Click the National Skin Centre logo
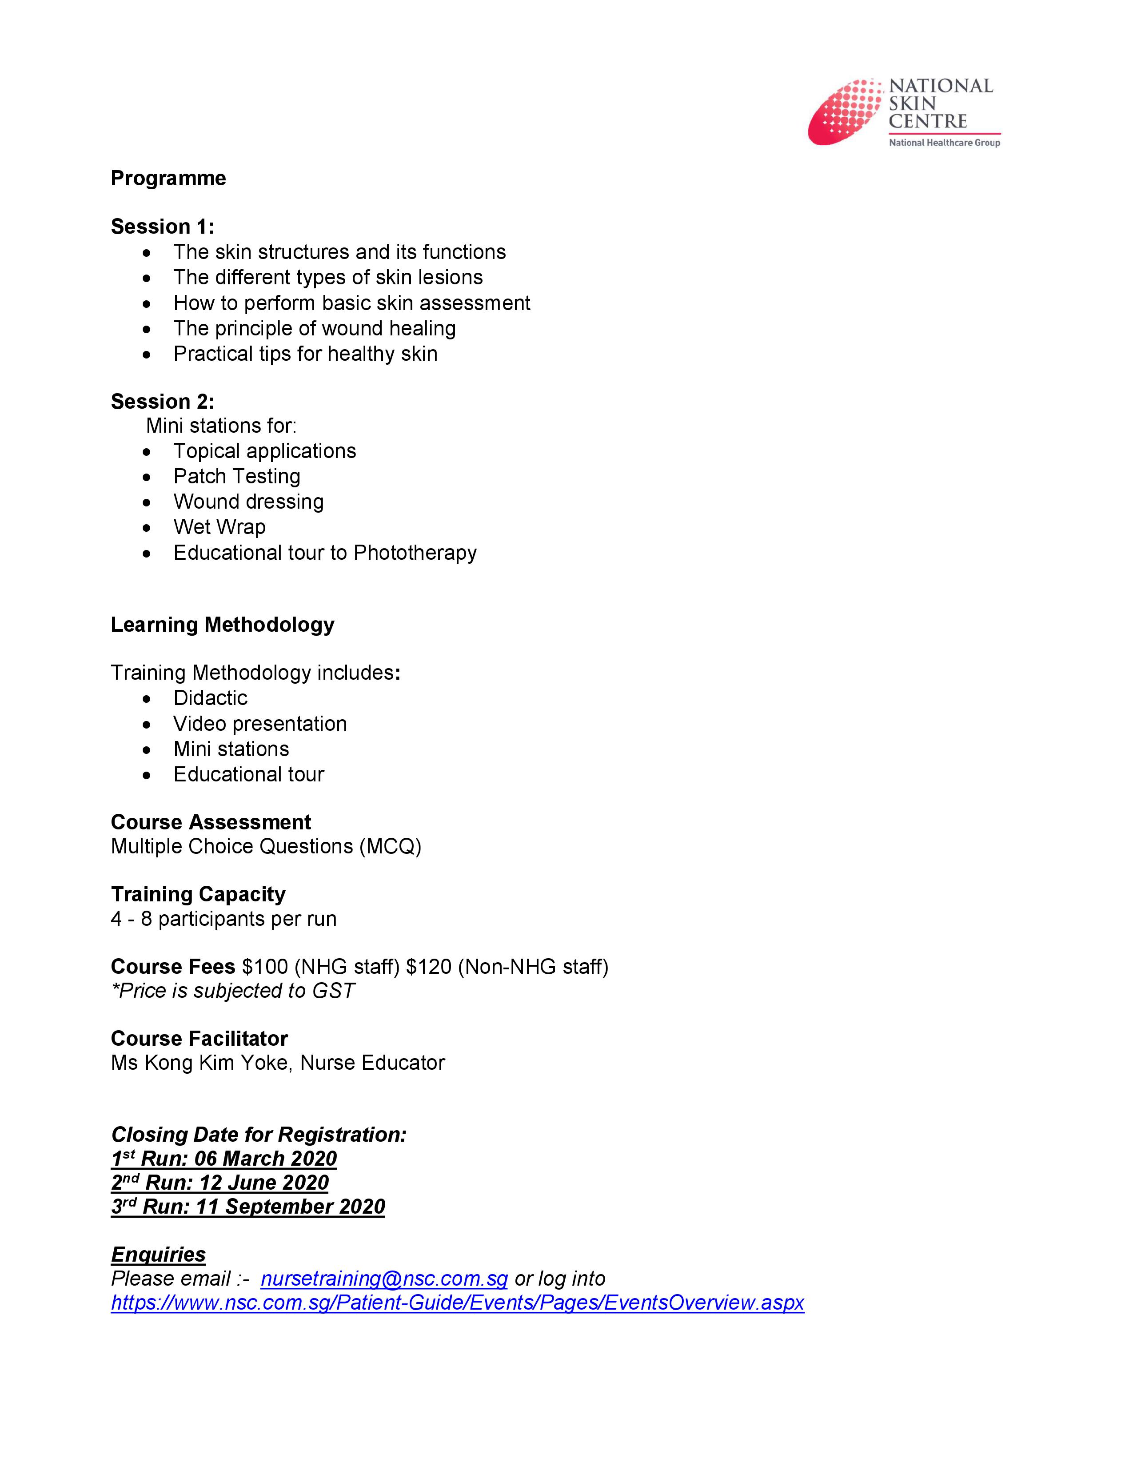[x=903, y=112]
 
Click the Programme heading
[x=168, y=179]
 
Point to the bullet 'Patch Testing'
[x=236, y=477]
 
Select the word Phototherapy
[x=415, y=553]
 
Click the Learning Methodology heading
[x=222, y=625]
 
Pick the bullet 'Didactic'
[x=210, y=698]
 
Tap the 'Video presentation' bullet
[x=260, y=724]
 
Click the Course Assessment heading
[x=211, y=822]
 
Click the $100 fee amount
[x=265, y=967]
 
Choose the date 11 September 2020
[x=290, y=1207]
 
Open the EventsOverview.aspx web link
[x=457, y=1303]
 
